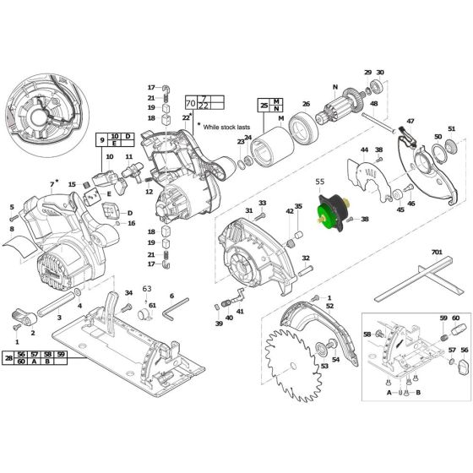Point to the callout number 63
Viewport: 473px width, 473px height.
(145, 288)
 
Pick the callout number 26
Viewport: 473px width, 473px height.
(307, 105)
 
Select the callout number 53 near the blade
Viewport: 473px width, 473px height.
(323, 367)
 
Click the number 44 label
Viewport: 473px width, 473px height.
(365, 150)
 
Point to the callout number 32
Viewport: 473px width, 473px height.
(305, 258)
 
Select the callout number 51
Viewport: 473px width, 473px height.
(451, 128)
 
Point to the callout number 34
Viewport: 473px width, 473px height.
(128, 293)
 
